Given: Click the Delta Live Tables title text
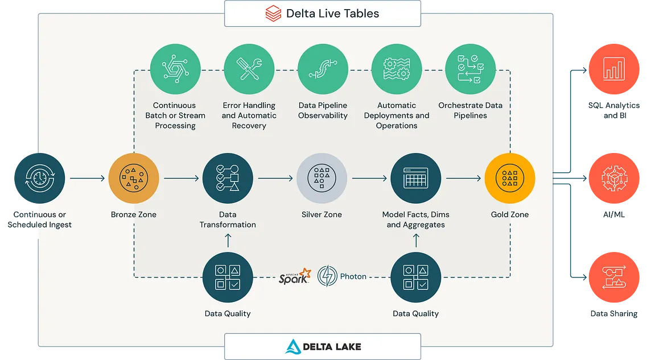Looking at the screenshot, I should (333, 13).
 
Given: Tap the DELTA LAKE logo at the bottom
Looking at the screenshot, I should (323, 346).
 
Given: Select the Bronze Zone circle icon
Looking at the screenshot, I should (134, 178).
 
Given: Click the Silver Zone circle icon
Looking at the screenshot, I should (322, 178).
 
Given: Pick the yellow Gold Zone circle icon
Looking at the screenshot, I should (509, 178).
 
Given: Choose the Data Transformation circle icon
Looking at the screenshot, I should (228, 178).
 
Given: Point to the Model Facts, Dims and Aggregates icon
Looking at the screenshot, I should (415, 178).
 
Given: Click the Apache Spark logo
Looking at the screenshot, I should (295, 276).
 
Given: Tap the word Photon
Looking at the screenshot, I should (353, 277).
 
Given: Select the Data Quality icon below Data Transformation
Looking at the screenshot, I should (228, 277).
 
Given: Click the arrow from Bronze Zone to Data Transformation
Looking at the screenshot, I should (182, 179).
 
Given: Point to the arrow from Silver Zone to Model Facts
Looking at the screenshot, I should (370, 179).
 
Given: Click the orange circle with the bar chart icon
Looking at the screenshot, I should (613, 69).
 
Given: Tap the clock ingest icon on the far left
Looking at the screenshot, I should (37, 178).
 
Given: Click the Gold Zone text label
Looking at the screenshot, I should (509, 215).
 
